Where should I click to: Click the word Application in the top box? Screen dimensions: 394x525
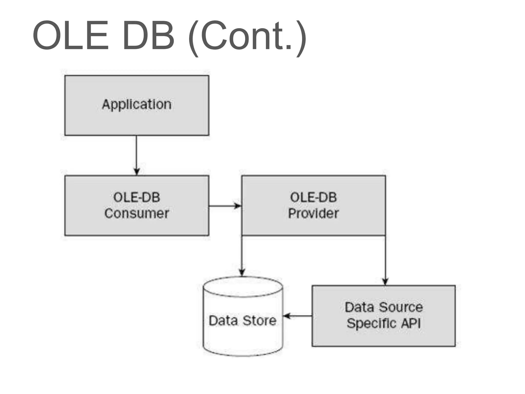point(137,104)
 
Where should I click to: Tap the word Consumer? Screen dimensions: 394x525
point(137,213)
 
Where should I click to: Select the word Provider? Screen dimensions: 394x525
point(313,213)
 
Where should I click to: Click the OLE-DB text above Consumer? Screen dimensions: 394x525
point(137,198)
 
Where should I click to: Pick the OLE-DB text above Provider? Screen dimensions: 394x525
point(313,198)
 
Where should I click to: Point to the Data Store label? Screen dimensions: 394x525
point(243,321)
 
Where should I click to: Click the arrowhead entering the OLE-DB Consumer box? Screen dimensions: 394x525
point(137,172)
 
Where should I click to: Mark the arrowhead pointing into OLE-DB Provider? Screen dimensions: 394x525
point(238,206)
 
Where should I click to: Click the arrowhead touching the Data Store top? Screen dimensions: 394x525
point(242,272)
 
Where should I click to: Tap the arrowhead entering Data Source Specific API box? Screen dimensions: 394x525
point(385,281)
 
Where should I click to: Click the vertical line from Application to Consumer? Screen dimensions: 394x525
point(136,151)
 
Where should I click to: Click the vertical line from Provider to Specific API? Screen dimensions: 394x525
point(385,257)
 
